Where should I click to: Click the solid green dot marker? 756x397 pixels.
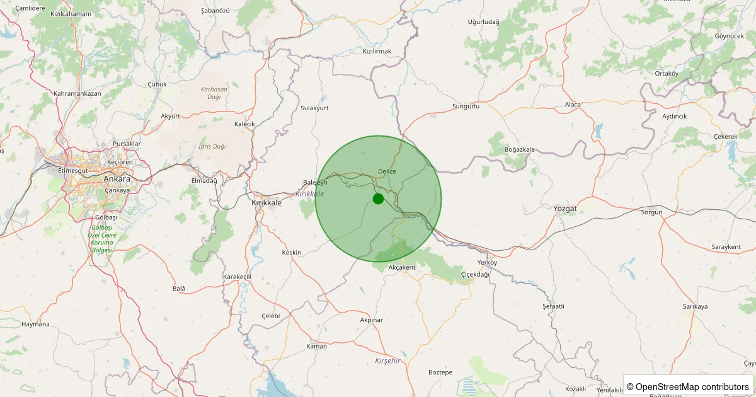[378, 198]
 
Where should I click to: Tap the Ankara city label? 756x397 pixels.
[117, 179]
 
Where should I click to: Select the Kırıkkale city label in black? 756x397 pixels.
[267, 203]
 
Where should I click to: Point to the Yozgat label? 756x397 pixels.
[564, 208]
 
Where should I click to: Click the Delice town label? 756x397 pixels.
[387, 171]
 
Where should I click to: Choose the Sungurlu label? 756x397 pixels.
[466, 106]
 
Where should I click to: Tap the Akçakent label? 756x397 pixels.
[402, 267]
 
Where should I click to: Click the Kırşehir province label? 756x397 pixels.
[387, 360]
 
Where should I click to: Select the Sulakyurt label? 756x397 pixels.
[314, 108]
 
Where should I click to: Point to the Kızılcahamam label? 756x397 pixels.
[71, 13]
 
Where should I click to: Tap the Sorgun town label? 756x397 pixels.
[651, 212]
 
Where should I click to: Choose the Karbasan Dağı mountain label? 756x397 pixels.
[214, 93]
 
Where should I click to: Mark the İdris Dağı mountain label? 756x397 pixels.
[212, 146]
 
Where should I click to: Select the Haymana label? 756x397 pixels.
[35, 324]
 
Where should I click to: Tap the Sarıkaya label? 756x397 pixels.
[695, 307]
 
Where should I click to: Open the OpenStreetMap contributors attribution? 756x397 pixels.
[689, 386]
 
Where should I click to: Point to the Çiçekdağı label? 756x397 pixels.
[475, 274]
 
